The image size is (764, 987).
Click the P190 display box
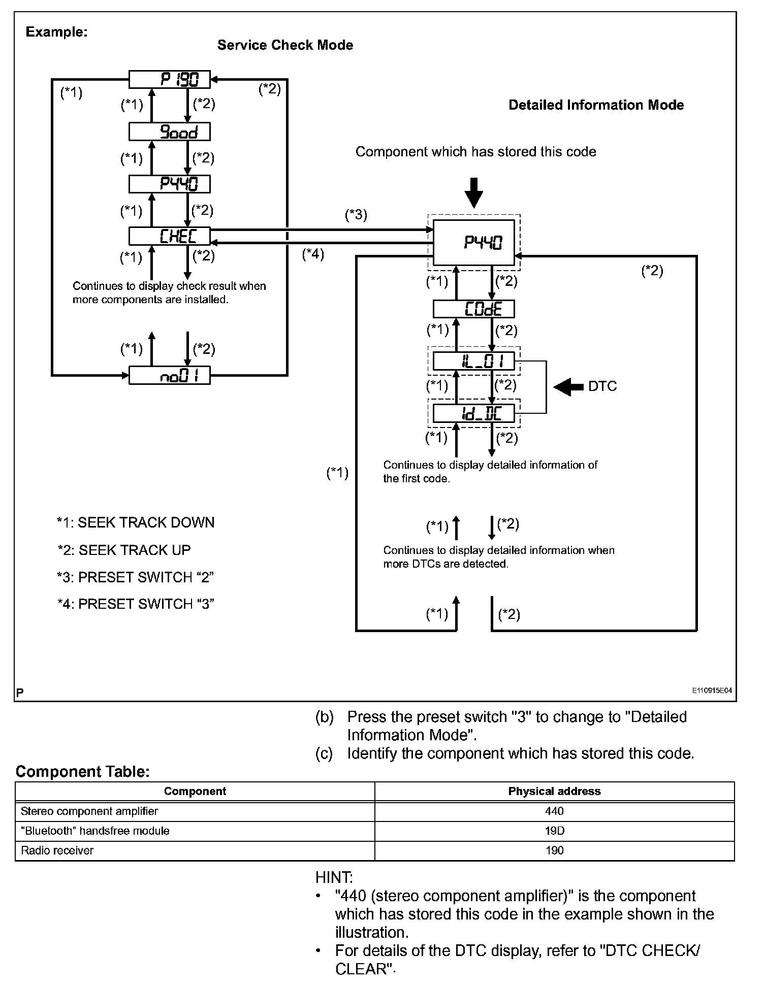tap(169, 79)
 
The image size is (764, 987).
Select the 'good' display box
tap(169, 132)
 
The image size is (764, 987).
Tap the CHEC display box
tap(169, 236)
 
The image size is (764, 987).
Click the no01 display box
tap(169, 375)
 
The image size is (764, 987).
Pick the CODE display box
tap(473, 309)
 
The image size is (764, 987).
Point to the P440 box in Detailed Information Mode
tap(473, 243)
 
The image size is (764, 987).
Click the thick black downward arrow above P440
tap(473, 192)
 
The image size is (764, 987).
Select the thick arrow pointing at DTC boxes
tap(568, 387)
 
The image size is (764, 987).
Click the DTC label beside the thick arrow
tap(602, 387)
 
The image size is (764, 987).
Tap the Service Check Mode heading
tap(285, 45)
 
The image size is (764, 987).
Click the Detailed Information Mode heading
tap(596, 105)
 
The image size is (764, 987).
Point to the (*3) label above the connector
tap(356, 215)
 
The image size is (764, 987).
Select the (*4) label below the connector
tap(313, 254)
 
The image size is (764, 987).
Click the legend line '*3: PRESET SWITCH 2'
tap(135, 577)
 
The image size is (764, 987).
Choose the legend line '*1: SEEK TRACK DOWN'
tap(136, 522)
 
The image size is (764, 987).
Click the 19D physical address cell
tap(554, 831)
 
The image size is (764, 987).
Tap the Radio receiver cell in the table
tap(57, 850)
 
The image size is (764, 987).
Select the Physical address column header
tap(554, 791)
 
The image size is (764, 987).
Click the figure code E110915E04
tap(711, 690)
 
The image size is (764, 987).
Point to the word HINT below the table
tap(334, 877)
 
